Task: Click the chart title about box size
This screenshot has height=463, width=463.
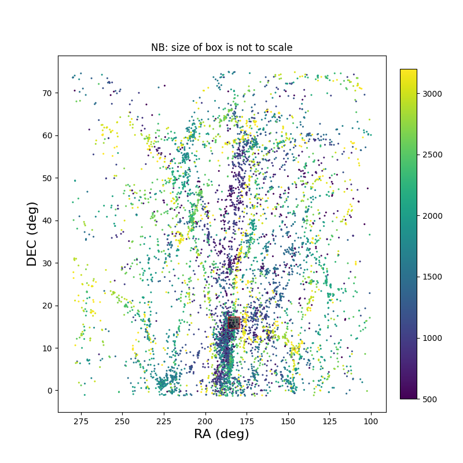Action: pyautogui.click(x=222, y=47)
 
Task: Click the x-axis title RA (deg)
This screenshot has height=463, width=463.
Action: pyautogui.click(x=222, y=434)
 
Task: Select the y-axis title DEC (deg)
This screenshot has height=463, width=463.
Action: pyautogui.click(x=32, y=234)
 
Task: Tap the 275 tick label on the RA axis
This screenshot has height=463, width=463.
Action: pyautogui.click(x=80, y=421)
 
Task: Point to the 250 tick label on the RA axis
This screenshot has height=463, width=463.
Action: pyautogui.click(x=122, y=421)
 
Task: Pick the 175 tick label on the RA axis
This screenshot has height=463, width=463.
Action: pyautogui.click(x=247, y=421)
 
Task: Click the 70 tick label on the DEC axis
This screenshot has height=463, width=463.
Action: pyautogui.click(x=46, y=93)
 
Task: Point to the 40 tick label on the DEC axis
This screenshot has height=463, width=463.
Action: pyautogui.click(x=46, y=221)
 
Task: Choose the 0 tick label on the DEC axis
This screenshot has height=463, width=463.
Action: pyautogui.click(x=49, y=391)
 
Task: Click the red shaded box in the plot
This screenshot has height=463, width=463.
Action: pyautogui.click(x=233, y=322)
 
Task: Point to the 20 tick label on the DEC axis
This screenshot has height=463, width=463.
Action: pyautogui.click(x=46, y=306)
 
